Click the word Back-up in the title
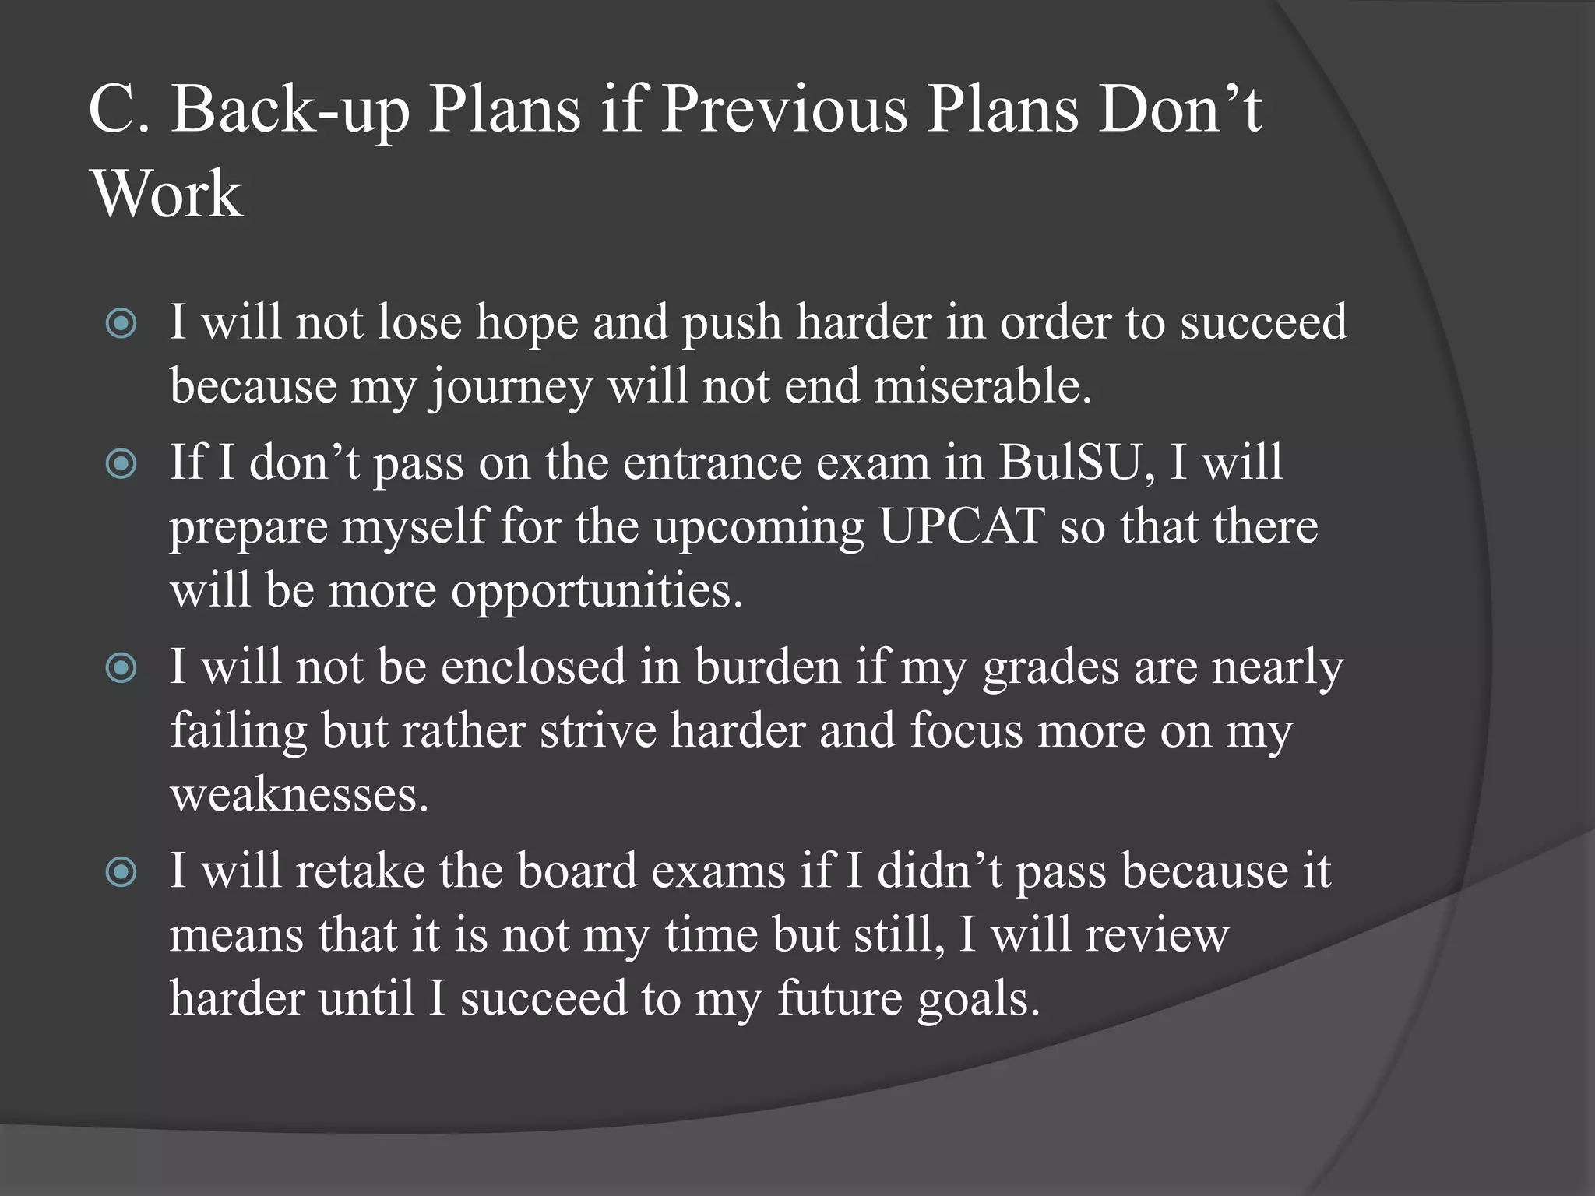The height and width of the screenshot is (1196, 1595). (290, 111)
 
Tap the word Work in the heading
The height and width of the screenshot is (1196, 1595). (167, 194)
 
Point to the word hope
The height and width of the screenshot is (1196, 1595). (527, 322)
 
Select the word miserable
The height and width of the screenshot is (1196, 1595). (982, 386)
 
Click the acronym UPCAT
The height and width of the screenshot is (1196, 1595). (962, 526)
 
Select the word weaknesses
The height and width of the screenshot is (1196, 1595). (299, 795)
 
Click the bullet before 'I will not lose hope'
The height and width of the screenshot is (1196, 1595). (121, 323)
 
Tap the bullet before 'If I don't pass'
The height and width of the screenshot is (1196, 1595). (121, 464)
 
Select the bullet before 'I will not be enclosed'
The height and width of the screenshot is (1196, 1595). (121, 668)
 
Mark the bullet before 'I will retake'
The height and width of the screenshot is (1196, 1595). (121, 871)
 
